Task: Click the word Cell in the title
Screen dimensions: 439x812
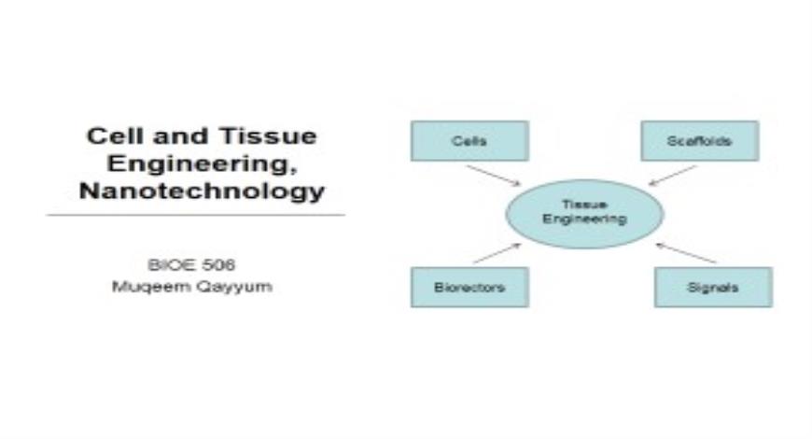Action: [x=109, y=136]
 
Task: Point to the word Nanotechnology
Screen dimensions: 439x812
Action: [x=202, y=191]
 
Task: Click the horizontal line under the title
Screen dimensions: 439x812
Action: [x=195, y=216]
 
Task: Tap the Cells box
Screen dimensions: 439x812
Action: [x=469, y=141]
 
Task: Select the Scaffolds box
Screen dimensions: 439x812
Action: [x=699, y=141]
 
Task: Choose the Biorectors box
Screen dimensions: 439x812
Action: [x=469, y=287]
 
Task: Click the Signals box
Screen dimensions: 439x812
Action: [x=712, y=287]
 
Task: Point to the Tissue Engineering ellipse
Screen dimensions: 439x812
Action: [x=584, y=214]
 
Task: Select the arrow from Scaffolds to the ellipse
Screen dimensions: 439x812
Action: [x=672, y=175]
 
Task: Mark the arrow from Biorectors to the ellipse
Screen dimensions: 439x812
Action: [x=497, y=253]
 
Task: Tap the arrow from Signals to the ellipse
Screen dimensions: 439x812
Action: [x=686, y=253]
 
